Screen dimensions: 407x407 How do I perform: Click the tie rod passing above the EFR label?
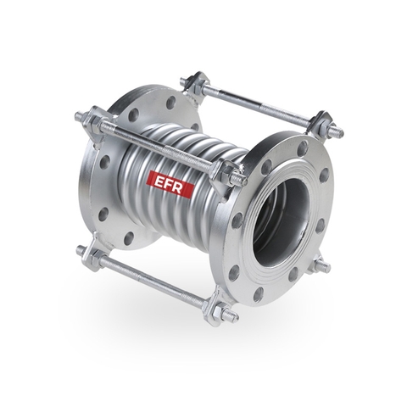[x=161, y=145]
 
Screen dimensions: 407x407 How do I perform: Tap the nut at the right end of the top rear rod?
[x=333, y=131]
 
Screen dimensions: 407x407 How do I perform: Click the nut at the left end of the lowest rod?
[x=84, y=251]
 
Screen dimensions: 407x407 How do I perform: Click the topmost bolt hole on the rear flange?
[x=170, y=103]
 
